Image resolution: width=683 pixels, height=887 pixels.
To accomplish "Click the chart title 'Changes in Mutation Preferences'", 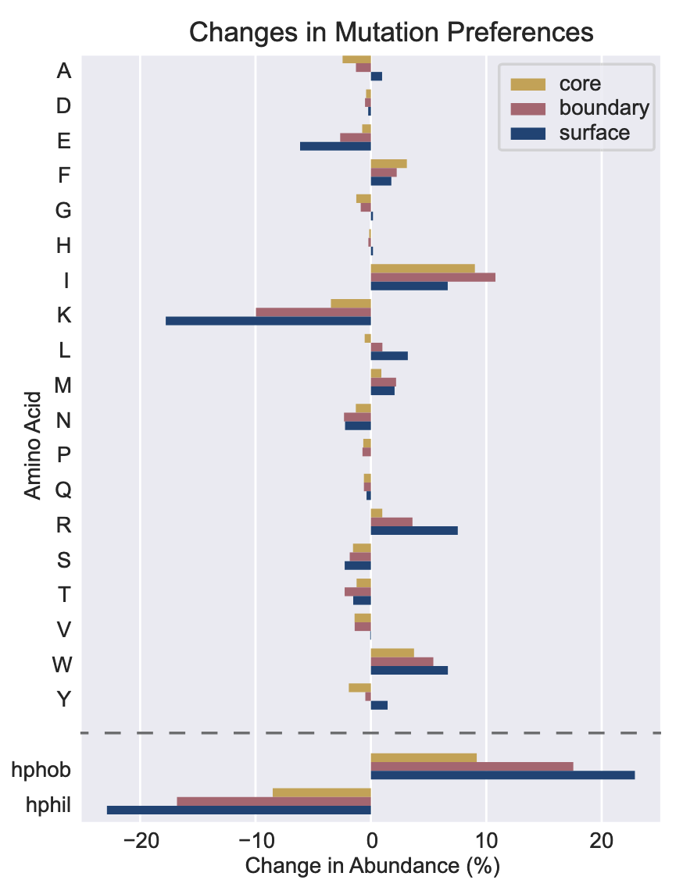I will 392,33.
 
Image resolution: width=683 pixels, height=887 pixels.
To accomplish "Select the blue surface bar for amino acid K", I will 268,320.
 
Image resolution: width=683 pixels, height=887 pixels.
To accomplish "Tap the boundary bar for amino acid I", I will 433,277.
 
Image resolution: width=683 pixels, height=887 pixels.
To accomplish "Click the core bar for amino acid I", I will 423,269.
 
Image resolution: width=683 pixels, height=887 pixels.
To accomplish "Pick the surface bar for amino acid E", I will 335,146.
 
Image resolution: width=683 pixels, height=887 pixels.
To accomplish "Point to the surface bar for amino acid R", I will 414,530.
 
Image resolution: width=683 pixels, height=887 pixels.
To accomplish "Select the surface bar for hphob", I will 502,775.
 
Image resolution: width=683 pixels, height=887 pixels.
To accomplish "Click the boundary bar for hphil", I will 274,801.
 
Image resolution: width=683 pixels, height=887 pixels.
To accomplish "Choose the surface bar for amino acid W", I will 409,670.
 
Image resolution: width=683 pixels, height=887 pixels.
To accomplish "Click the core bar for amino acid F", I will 388,163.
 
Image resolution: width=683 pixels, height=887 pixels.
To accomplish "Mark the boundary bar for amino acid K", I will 313,312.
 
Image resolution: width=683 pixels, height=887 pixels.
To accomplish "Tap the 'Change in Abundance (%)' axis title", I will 372,866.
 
